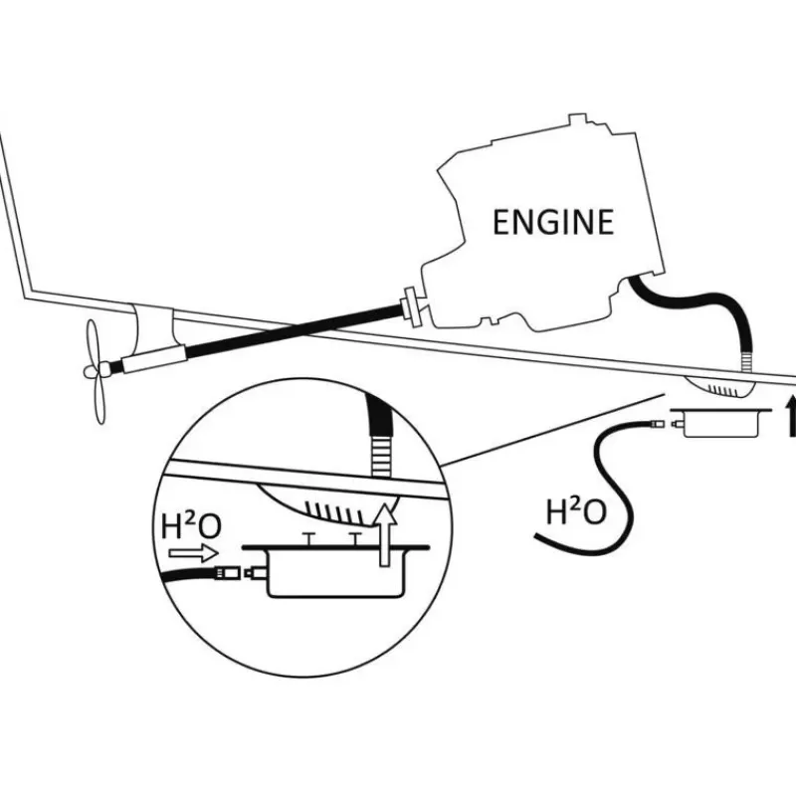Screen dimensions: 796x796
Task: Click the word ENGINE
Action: tap(553, 222)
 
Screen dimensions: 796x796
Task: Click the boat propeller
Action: tap(97, 370)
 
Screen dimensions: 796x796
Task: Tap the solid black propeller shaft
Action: tap(292, 329)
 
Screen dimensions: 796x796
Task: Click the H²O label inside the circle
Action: tap(191, 526)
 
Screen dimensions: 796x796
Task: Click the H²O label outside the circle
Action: tap(576, 511)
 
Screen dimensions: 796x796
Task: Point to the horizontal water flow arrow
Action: tap(193, 553)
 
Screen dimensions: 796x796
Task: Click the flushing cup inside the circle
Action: tap(336, 569)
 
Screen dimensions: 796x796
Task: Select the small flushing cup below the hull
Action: tap(719, 422)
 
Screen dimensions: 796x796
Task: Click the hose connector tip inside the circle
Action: tap(227, 573)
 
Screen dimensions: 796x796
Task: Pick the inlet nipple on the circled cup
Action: tap(256, 573)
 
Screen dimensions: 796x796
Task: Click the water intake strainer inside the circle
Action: tap(330, 505)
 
